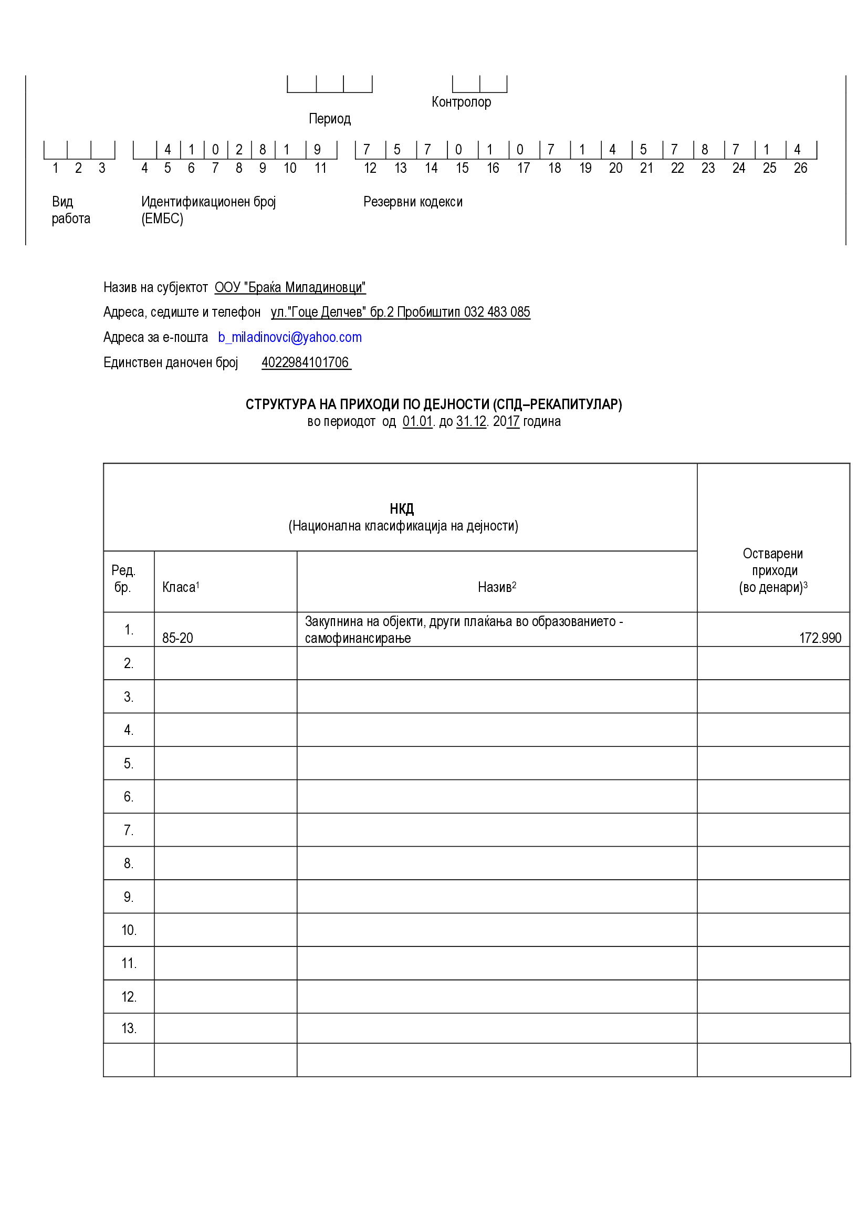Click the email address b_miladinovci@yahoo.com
(x=290, y=338)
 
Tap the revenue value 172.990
(x=819, y=638)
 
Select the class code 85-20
(x=177, y=638)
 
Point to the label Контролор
(x=461, y=102)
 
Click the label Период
(x=329, y=119)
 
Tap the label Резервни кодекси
(x=413, y=202)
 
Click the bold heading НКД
(x=402, y=508)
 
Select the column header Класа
(x=179, y=587)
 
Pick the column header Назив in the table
(x=495, y=587)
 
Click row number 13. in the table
(x=129, y=1028)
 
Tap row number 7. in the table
(x=128, y=830)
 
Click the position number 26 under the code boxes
(x=800, y=169)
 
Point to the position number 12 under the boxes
(x=370, y=169)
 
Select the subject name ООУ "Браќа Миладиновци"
(x=290, y=288)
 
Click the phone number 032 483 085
(x=497, y=313)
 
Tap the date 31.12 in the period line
(x=470, y=421)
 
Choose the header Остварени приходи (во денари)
(x=773, y=571)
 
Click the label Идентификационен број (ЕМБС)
(x=208, y=210)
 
